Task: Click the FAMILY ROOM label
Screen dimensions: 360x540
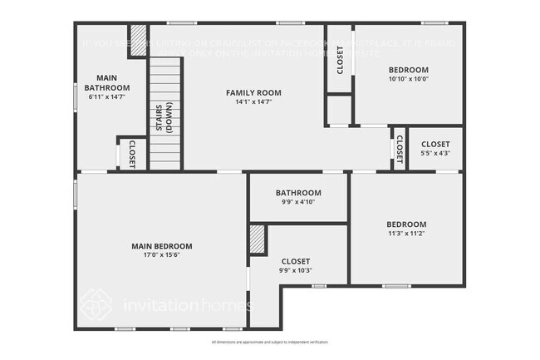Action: (253, 92)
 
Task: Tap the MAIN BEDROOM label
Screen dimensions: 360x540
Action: (162, 246)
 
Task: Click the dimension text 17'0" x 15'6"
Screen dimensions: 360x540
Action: (162, 255)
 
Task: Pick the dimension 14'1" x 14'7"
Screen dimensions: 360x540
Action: (253, 102)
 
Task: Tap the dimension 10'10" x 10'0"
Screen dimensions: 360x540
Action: (408, 79)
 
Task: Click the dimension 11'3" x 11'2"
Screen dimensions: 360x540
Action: (406, 234)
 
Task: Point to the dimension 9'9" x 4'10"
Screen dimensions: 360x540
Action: (298, 203)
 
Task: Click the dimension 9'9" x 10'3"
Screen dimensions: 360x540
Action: (296, 271)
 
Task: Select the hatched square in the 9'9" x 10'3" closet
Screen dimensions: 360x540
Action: (258, 239)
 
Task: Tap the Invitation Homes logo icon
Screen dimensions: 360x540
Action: (96, 303)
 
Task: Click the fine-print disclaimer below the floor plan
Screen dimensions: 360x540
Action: (270, 343)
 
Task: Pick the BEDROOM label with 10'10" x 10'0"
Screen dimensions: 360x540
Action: (408, 70)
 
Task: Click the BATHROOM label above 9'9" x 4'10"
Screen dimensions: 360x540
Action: (298, 193)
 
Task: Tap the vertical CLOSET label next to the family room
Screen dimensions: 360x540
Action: (340, 60)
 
